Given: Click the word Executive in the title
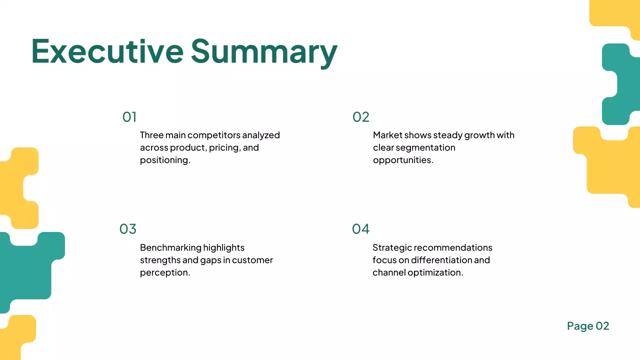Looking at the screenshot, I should (x=107, y=51).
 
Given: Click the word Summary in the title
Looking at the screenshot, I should (x=264, y=52).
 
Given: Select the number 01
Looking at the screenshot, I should (x=129, y=117).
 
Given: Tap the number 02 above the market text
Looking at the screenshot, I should (x=360, y=117).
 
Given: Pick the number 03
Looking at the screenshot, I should (x=128, y=229).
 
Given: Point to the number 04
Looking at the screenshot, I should (x=360, y=229).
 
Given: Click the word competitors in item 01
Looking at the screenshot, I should (x=213, y=135).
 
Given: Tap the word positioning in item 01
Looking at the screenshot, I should (x=164, y=160).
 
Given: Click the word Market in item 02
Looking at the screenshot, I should (x=387, y=135).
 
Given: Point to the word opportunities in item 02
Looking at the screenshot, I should (x=402, y=160).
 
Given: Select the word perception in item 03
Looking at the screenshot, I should (x=164, y=273).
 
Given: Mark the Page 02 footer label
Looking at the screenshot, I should (x=588, y=326).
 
